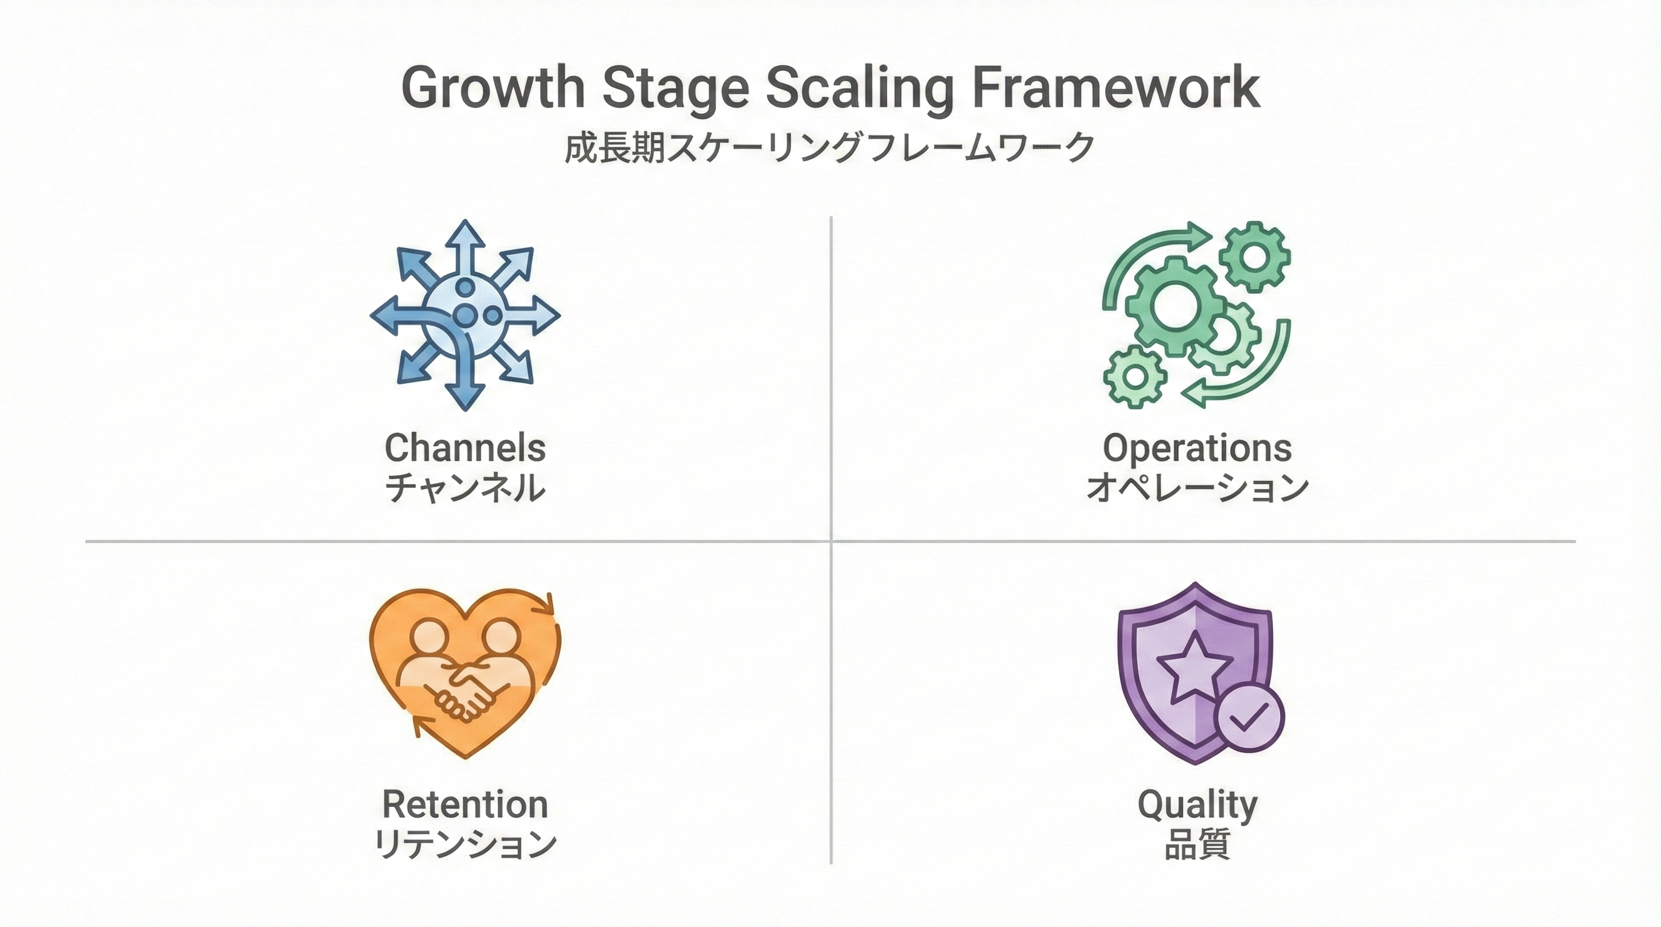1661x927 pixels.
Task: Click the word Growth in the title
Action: (493, 88)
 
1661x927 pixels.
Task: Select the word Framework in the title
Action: (1115, 87)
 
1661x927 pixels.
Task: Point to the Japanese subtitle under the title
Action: (830, 148)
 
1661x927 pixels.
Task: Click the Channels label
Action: (465, 447)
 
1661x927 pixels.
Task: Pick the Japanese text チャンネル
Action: (465, 488)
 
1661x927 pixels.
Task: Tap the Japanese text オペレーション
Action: (1197, 488)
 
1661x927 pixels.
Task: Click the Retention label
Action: (465, 804)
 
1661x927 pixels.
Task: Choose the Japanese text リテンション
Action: (465, 844)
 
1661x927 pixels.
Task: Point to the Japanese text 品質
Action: (1197, 844)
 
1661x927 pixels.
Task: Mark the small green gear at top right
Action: (1254, 256)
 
